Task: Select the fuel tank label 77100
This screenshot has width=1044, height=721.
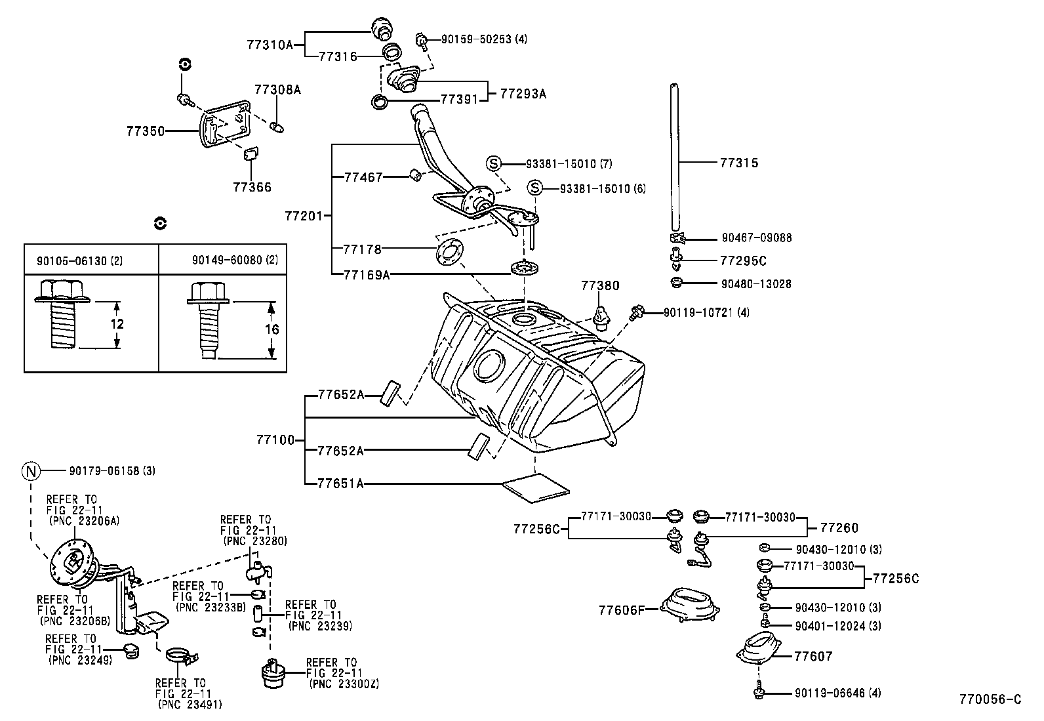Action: click(x=275, y=440)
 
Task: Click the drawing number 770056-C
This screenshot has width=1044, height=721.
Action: click(x=990, y=699)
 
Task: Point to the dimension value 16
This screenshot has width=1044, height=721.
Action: click(x=271, y=329)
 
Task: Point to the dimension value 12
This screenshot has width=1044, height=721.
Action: click(x=117, y=324)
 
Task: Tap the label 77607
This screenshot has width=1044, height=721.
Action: click(x=813, y=656)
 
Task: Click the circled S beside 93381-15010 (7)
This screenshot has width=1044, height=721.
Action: click(x=494, y=163)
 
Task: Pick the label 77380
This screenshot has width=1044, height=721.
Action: click(x=599, y=286)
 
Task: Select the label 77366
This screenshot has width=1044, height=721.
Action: click(x=251, y=188)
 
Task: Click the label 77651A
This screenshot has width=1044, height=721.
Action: click(x=340, y=484)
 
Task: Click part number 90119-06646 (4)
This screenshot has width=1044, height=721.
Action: click(x=837, y=693)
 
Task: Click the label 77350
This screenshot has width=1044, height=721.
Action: click(x=145, y=131)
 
